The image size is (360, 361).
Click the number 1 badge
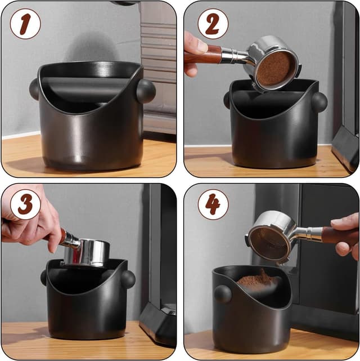[25, 24]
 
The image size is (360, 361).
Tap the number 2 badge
[213, 24]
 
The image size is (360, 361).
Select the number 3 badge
[25, 204]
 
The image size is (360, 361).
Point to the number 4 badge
[213, 204]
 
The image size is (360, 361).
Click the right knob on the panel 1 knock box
[146, 91]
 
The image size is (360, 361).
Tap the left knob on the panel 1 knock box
[34, 89]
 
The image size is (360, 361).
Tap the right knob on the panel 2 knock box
[319, 102]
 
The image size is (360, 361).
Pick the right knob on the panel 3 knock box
[128, 279]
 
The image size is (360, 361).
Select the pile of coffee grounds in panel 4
[259, 280]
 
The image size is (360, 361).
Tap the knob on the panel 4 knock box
[223, 294]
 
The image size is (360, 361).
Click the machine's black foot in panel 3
[158, 321]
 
